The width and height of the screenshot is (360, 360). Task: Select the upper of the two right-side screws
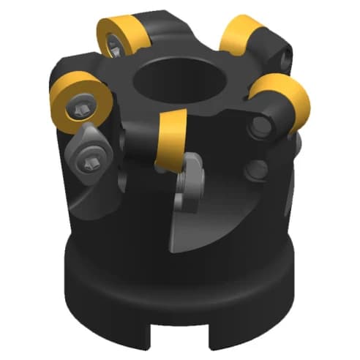pyautogui.click(x=258, y=129)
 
